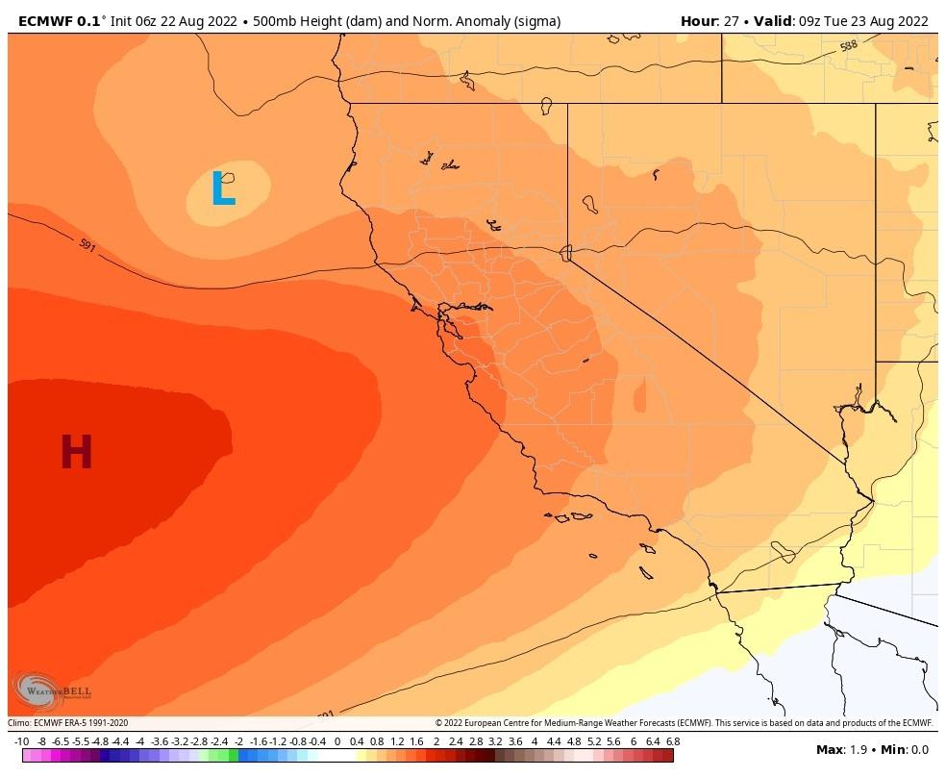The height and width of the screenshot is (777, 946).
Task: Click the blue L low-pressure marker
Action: [223, 188]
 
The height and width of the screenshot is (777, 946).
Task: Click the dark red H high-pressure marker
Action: [76, 453]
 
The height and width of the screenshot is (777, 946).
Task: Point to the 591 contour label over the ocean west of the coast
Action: [87, 247]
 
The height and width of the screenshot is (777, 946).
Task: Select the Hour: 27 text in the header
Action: [709, 21]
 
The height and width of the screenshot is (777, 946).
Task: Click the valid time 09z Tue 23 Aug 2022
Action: [861, 21]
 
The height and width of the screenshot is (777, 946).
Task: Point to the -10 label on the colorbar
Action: [21, 741]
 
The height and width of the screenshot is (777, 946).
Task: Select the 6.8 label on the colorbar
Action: [672, 741]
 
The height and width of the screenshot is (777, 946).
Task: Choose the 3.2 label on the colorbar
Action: [495, 741]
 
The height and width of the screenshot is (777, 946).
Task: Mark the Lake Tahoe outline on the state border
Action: [566, 253]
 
